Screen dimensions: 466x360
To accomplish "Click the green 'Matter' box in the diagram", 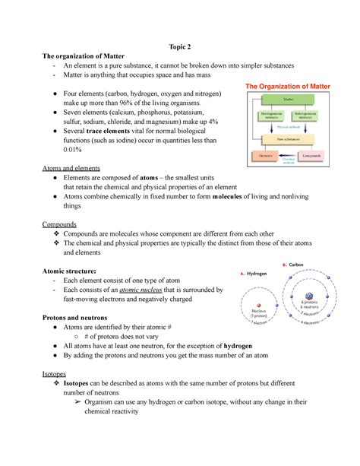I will tap(289, 100).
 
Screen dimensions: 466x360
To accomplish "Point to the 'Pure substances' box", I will tap(289, 139).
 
